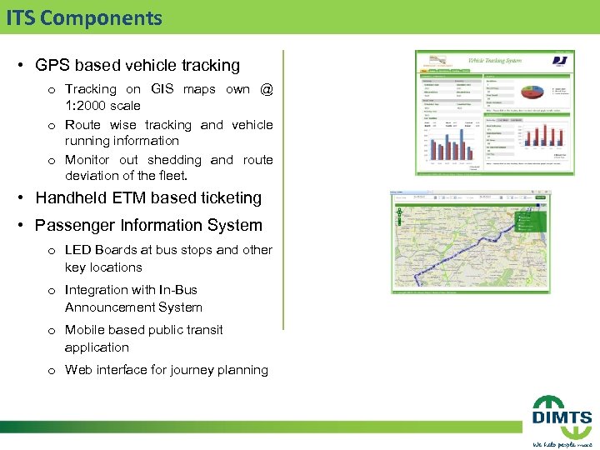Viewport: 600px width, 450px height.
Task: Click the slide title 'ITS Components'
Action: (x=83, y=17)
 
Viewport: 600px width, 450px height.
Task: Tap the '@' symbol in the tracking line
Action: (x=266, y=89)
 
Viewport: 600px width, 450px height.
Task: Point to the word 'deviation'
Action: (x=92, y=176)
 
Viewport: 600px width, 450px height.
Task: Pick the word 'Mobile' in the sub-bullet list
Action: (x=85, y=330)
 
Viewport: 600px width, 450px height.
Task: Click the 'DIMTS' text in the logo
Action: (x=562, y=417)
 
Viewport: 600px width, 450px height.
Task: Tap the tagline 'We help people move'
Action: (x=562, y=443)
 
